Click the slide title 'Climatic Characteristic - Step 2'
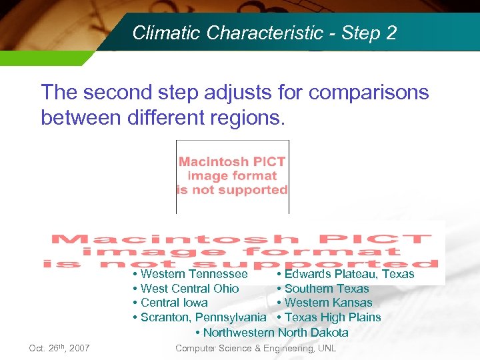(x=264, y=33)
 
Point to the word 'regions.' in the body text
(x=247, y=118)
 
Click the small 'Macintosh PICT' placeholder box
(x=232, y=175)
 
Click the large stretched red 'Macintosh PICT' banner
(x=241, y=251)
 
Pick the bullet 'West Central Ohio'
(x=189, y=289)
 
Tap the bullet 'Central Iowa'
(x=174, y=303)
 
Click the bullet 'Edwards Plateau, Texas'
(x=349, y=274)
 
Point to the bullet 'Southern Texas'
(x=326, y=289)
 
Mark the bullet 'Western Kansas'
(x=328, y=303)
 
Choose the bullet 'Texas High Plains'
(x=332, y=317)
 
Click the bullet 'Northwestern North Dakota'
(x=275, y=332)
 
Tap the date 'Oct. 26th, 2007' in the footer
(x=59, y=348)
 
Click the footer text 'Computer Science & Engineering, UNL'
(x=255, y=348)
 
